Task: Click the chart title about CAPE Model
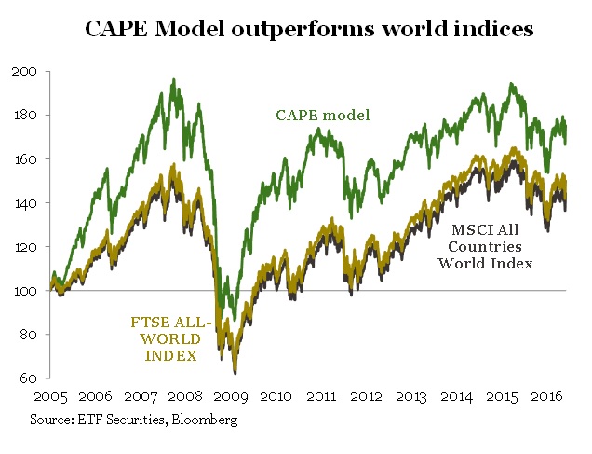click(x=308, y=29)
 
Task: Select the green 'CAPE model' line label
click(x=323, y=116)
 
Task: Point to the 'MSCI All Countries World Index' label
click(x=485, y=246)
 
